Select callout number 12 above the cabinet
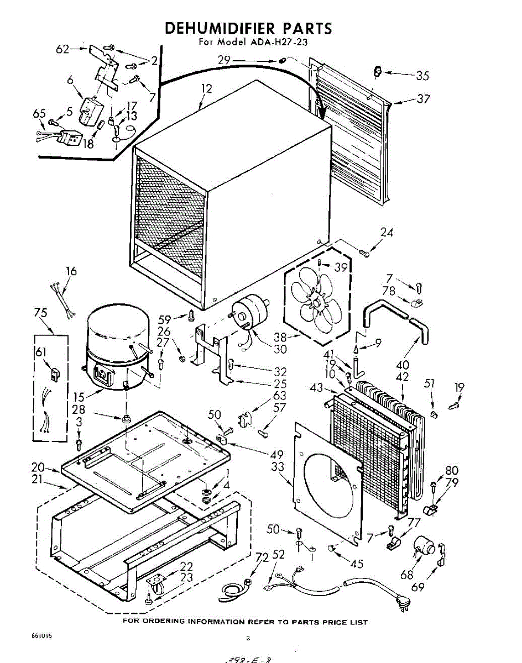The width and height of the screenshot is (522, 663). [x=206, y=88]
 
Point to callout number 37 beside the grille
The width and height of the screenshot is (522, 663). [x=423, y=99]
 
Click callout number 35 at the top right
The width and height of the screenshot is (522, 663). [x=422, y=76]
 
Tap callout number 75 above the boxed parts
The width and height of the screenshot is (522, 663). [x=40, y=313]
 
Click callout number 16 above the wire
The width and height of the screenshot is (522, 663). [x=71, y=272]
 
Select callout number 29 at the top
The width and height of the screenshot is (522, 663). [x=223, y=59]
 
